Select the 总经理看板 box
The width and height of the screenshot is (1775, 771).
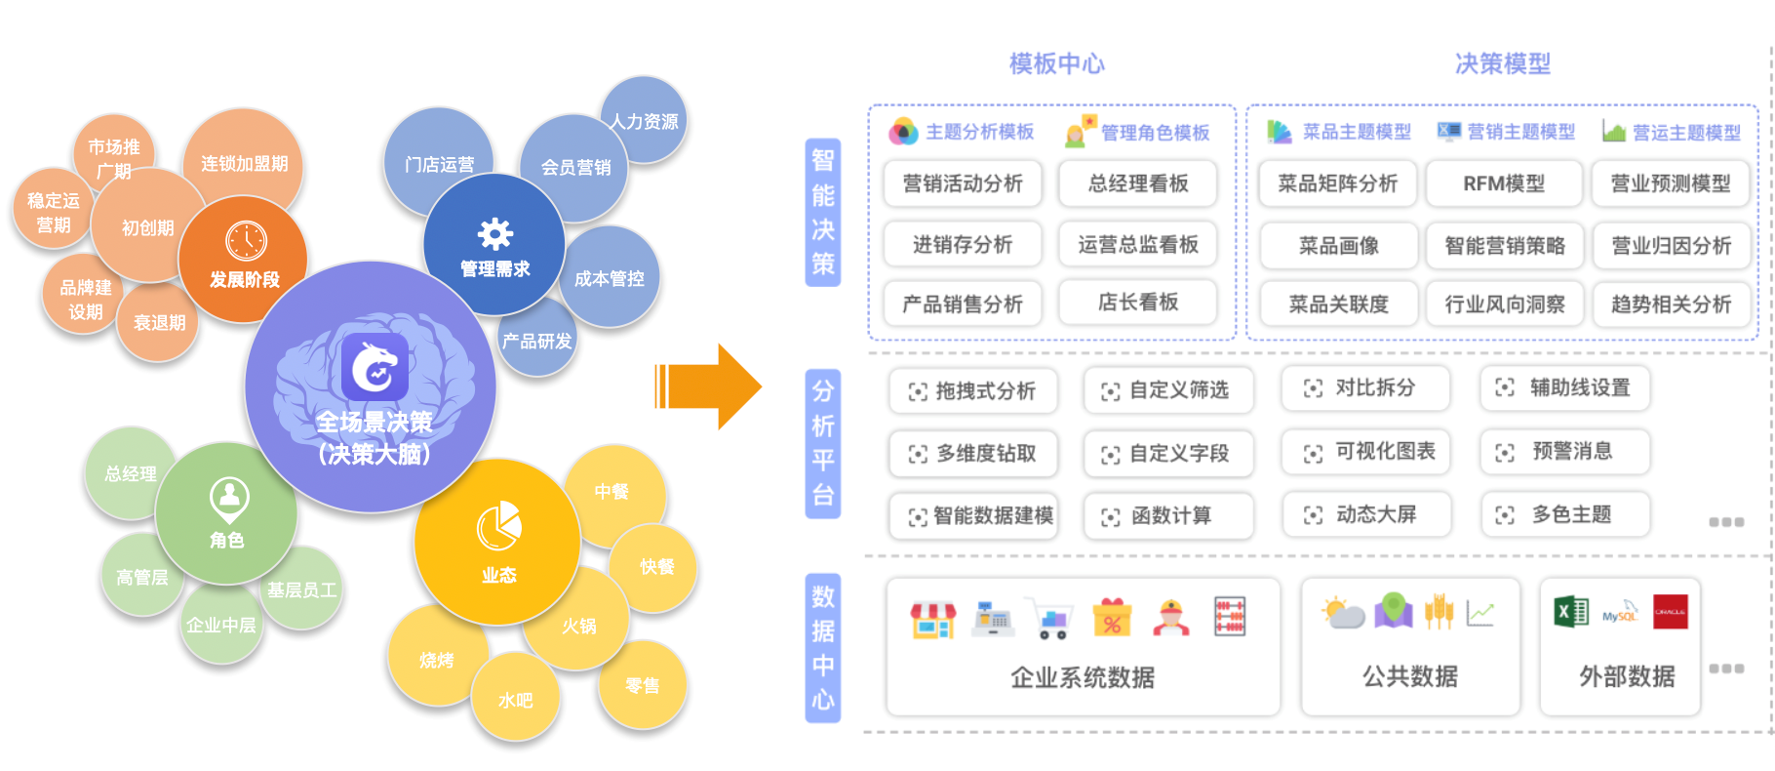coord(1138,183)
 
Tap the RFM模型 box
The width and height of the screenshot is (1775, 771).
coord(1504,183)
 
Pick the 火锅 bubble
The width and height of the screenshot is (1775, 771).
coord(579,626)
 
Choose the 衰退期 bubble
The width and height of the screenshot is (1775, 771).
coord(159,322)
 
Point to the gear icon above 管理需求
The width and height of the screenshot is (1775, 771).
coord(494,234)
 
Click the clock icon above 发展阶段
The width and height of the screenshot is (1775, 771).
coord(246,241)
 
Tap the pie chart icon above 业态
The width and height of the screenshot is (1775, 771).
coord(498,526)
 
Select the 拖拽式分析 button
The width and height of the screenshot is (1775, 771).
coord(973,391)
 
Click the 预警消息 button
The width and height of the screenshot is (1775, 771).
coord(1564,452)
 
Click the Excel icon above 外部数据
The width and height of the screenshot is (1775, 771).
coord(1570,612)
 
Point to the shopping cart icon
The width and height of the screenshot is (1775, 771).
coord(1051,619)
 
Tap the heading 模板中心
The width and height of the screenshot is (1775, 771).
coord(1057,64)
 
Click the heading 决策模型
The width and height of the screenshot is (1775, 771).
coord(1502,64)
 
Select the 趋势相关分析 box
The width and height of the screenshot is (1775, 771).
coord(1671,304)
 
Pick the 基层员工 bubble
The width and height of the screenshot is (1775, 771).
coord(302,590)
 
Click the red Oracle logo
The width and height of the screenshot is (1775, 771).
coord(1670,612)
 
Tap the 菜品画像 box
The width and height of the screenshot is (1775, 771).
coord(1338,246)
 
